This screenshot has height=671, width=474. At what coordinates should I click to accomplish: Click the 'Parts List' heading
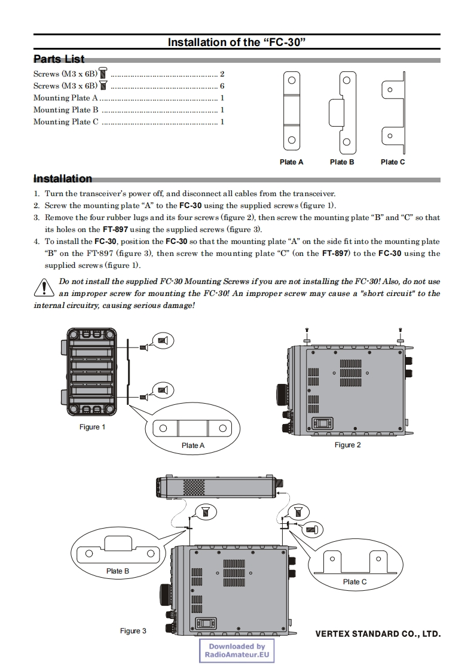[x=59, y=59]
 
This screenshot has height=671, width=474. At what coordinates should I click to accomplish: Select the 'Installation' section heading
[x=63, y=179]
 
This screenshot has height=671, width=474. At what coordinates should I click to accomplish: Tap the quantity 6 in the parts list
[x=222, y=86]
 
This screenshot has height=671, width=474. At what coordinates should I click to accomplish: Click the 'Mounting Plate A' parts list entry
[x=66, y=98]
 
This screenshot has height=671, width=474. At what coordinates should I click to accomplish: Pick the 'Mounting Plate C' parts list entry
[x=66, y=122]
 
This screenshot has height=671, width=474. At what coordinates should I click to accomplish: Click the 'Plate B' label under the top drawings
[x=342, y=162]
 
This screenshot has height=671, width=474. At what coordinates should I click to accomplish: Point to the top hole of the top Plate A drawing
[x=291, y=80]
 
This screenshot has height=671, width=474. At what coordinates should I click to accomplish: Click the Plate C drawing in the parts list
[x=393, y=112]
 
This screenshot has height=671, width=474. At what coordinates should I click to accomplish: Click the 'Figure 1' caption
[x=93, y=427]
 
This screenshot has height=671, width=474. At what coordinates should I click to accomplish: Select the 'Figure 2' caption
[x=347, y=445]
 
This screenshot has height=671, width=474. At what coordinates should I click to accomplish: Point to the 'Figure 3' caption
[x=133, y=631]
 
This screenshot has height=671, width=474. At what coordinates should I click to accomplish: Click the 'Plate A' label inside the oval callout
[x=193, y=446]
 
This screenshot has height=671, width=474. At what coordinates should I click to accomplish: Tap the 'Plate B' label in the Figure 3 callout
[x=118, y=571]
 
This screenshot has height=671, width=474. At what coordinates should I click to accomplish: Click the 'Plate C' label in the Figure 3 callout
[x=355, y=582]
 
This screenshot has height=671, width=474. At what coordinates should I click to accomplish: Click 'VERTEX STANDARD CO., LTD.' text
[x=378, y=633]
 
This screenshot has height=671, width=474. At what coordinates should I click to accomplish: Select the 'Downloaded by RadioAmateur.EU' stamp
[x=237, y=651]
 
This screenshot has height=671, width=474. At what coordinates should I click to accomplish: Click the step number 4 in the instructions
[x=36, y=242]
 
